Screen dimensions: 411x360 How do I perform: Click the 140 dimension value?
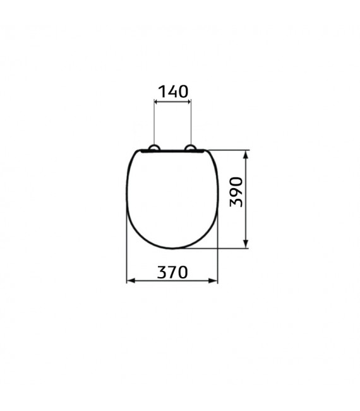[x=172, y=92]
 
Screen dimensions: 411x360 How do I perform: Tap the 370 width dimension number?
[x=172, y=272]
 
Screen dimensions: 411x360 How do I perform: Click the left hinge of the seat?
[x=153, y=149]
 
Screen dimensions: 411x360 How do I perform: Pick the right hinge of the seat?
[x=191, y=149]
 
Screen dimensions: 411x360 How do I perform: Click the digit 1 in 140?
[x=160, y=92]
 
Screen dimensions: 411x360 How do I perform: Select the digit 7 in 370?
[x=172, y=272]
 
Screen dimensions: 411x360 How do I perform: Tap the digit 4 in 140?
[x=172, y=92]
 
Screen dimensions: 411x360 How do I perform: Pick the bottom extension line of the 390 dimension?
[x=215, y=247]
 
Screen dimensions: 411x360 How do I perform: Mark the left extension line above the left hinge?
[x=154, y=123]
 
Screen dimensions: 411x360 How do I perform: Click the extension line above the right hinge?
[x=191, y=123]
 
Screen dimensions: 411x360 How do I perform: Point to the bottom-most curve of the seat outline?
[x=172, y=247]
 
